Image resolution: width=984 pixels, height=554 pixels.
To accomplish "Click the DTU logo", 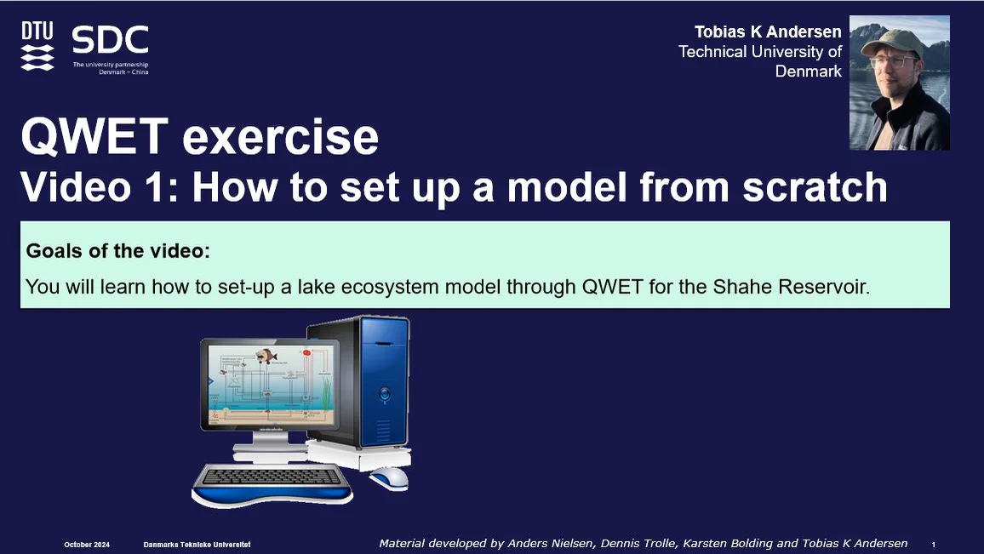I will [x=37, y=46].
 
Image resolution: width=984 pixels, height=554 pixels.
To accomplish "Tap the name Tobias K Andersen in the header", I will [x=767, y=32].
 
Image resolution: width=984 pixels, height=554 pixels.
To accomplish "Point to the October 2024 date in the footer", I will [x=88, y=544].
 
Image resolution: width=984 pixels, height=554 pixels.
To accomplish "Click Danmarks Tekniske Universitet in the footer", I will [x=196, y=544].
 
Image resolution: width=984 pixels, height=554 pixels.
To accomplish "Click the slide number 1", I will [x=934, y=544].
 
